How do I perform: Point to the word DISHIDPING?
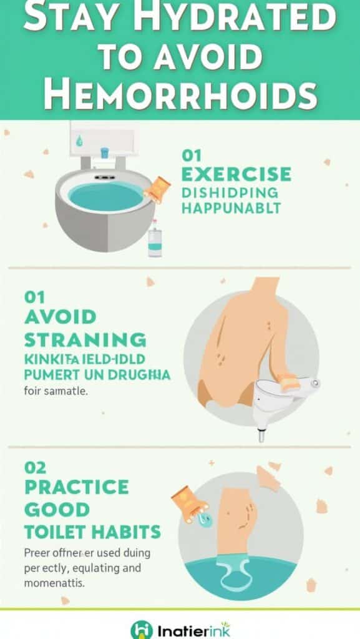pyautogui.click(x=230, y=192)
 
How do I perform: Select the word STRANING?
pyautogui.click(x=85, y=340)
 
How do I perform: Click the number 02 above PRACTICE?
pyautogui.click(x=35, y=466)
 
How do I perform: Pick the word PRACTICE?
pyautogui.click(x=77, y=487)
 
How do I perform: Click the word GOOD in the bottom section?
pyautogui.click(x=56, y=509)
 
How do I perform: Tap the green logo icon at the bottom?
pyautogui.click(x=141, y=629)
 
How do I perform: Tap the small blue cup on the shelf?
pyautogui.click(x=104, y=152)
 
